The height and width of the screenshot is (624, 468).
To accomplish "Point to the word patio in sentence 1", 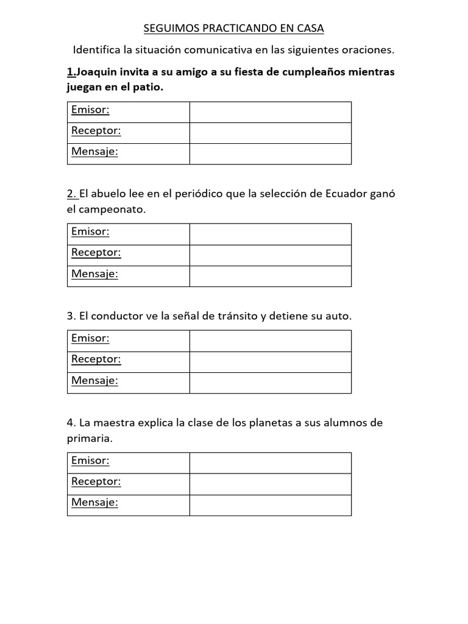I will [151, 87].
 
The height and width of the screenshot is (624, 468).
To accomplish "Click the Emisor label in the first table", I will [90, 110].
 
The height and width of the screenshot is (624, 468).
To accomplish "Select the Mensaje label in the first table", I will [94, 152].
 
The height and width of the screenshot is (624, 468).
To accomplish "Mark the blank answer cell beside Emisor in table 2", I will [270, 234].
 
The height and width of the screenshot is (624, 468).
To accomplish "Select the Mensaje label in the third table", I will [94, 381].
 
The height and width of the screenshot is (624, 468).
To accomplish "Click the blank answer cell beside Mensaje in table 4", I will [270, 505].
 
